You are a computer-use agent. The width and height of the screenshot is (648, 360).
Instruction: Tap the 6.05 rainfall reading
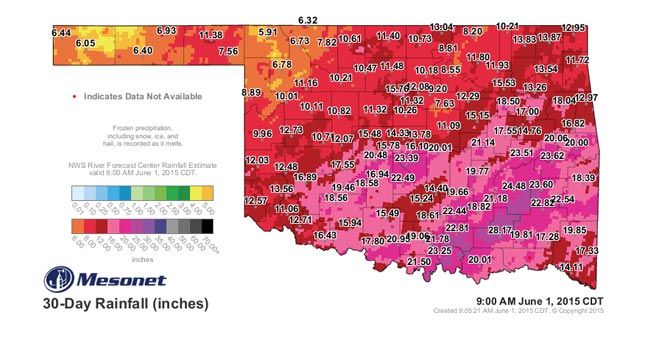click(84, 44)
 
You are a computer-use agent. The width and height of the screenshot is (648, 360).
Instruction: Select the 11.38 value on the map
click(211, 35)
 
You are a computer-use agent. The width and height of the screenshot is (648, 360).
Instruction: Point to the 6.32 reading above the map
click(308, 20)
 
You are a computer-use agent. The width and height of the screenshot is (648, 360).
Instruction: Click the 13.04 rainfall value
click(441, 25)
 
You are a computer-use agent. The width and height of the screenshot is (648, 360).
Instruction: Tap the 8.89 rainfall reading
click(251, 92)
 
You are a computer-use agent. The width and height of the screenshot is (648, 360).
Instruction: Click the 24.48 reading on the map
click(513, 186)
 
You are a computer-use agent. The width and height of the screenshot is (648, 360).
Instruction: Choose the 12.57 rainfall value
click(255, 200)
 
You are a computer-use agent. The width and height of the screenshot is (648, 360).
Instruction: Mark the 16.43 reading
click(326, 235)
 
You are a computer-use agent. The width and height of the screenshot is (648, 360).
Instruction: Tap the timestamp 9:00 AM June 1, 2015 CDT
click(532, 300)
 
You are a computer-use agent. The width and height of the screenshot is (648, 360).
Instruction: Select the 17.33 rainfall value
click(586, 250)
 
